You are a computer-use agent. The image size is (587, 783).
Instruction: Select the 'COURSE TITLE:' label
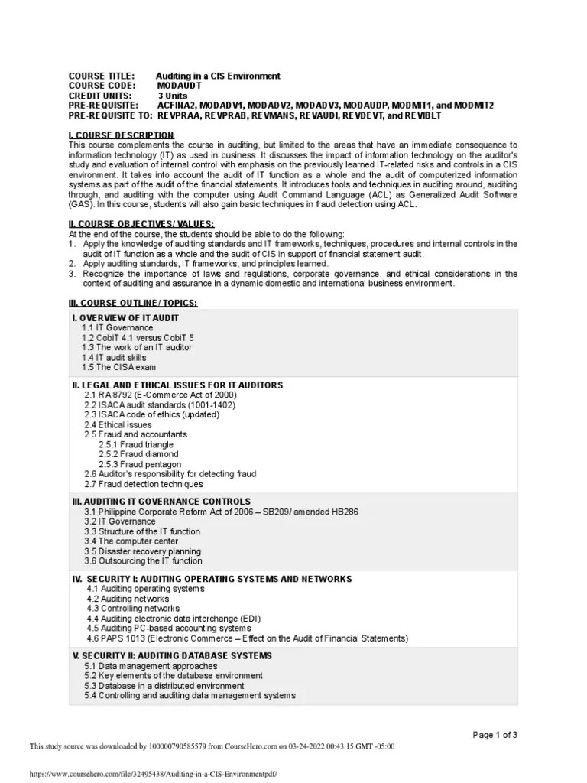click(102, 76)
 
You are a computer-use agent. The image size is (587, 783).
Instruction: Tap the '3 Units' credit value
click(175, 96)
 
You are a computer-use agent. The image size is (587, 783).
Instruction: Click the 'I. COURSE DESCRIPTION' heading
click(122, 135)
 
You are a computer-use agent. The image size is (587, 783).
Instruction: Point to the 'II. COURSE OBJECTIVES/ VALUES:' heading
click(141, 223)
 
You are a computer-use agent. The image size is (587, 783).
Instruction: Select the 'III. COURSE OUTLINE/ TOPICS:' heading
click(133, 303)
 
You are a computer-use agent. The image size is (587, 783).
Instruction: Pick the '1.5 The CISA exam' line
click(118, 367)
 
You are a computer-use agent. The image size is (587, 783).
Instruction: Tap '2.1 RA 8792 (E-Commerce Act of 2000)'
click(161, 395)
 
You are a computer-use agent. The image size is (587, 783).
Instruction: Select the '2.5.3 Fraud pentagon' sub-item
click(140, 464)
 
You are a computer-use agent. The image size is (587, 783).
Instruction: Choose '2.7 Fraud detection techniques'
click(144, 484)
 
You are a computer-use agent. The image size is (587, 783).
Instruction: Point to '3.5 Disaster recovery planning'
click(143, 551)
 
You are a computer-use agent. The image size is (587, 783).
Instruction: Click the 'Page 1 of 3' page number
click(495, 735)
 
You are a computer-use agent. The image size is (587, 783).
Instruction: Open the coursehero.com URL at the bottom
click(153, 773)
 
